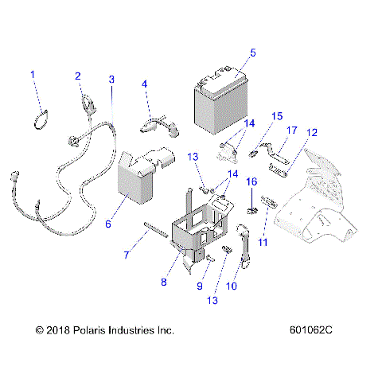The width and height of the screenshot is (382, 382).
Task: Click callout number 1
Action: (33, 75)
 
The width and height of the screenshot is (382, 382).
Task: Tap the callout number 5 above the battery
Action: (252, 53)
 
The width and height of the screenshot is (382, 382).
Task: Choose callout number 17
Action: (291, 129)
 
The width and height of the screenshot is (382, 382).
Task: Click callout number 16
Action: (251, 181)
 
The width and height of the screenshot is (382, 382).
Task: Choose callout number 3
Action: (111, 80)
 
